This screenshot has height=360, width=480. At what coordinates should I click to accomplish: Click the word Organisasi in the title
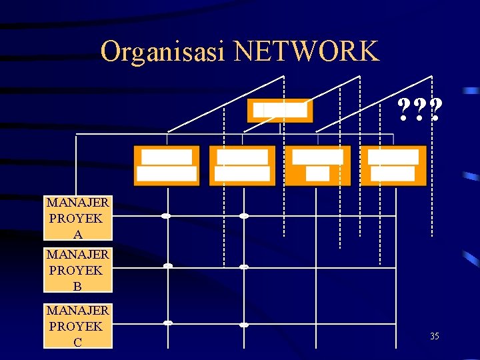click(163, 51)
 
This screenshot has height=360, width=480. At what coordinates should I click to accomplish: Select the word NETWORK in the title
click(306, 51)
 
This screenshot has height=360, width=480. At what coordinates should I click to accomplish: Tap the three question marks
click(419, 109)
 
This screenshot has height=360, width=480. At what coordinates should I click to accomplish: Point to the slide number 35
click(434, 337)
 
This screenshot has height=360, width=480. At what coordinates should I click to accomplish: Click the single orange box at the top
click(279, 111)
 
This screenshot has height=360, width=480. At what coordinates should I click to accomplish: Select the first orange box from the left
click(167, 165)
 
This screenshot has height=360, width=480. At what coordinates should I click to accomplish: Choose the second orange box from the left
click(242, 165)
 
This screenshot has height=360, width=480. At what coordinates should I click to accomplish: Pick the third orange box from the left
click(317, 165)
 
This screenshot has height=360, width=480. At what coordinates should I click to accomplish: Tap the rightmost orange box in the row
click(393, 165)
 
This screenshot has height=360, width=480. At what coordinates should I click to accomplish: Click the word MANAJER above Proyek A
click(77, 201)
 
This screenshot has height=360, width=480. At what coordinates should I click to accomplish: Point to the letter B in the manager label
click(77, 287)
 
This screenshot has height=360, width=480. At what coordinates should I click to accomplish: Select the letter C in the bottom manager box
click(77, 342)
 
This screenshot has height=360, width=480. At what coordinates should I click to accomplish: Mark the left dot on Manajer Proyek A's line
click(166, 216)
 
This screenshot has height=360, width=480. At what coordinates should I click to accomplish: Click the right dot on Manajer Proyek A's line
click(244, 216)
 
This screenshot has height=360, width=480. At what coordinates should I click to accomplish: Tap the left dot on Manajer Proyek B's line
click(168, 266)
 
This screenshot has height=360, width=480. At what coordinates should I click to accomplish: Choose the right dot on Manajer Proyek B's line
click(244, 267)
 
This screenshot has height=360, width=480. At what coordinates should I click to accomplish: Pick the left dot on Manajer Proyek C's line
click(168, 323)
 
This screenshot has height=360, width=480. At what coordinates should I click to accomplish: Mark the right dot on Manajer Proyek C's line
click(244, 325)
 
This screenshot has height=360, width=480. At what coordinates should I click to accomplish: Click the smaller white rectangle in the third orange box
click(317, 174)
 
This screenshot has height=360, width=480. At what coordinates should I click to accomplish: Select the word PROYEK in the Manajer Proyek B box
click(76, 271)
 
